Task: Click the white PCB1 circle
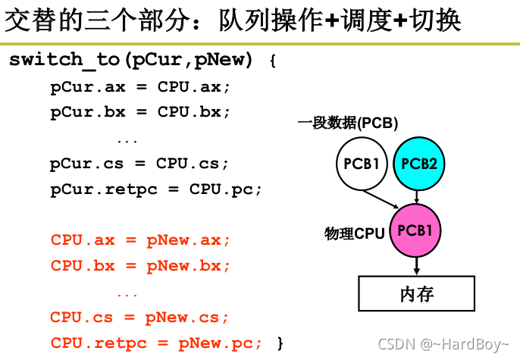point(362,162)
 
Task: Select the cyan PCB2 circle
point(418,162)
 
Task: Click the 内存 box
point(416,293)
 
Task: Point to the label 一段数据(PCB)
point(348,123)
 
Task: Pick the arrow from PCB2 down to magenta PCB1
point(418,196)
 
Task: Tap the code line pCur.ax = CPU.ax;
point(139,86)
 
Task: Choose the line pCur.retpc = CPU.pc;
point(156,189)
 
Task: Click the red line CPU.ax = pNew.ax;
point(139,240)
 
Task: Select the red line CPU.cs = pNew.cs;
point(139,317)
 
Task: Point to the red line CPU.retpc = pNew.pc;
point(156,343)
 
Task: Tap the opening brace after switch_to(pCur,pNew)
point(273,61)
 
